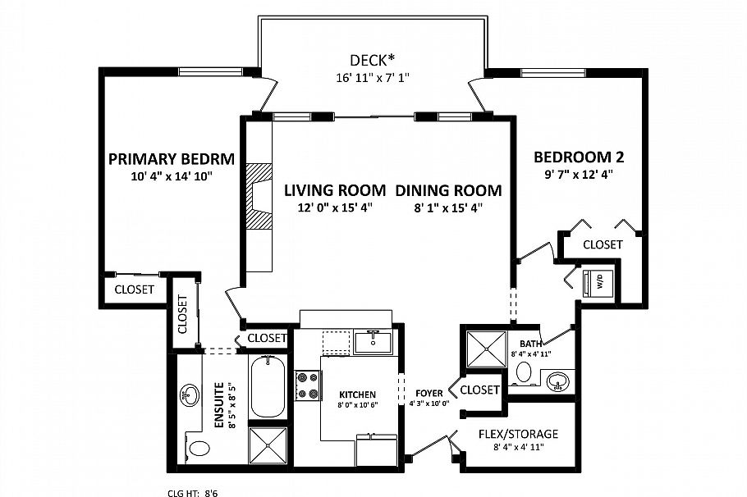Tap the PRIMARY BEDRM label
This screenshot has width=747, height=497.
click(x=172, y=158)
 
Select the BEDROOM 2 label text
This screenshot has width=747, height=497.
click(x=573, y=157)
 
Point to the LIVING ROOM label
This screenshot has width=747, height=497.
click(x=334, y=190)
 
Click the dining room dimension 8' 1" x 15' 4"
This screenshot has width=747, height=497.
click(x=448, y=207)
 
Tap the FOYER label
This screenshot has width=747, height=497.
click(x=429, y=393)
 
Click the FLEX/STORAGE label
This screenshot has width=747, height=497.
click(x=518, y=433)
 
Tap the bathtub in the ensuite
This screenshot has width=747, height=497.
click(x=267, y=386)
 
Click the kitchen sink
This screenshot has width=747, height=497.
click(x=373, y=340)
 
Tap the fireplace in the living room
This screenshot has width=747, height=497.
click(x=259, y=195)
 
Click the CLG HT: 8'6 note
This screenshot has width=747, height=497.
click(x=192, y=493)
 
